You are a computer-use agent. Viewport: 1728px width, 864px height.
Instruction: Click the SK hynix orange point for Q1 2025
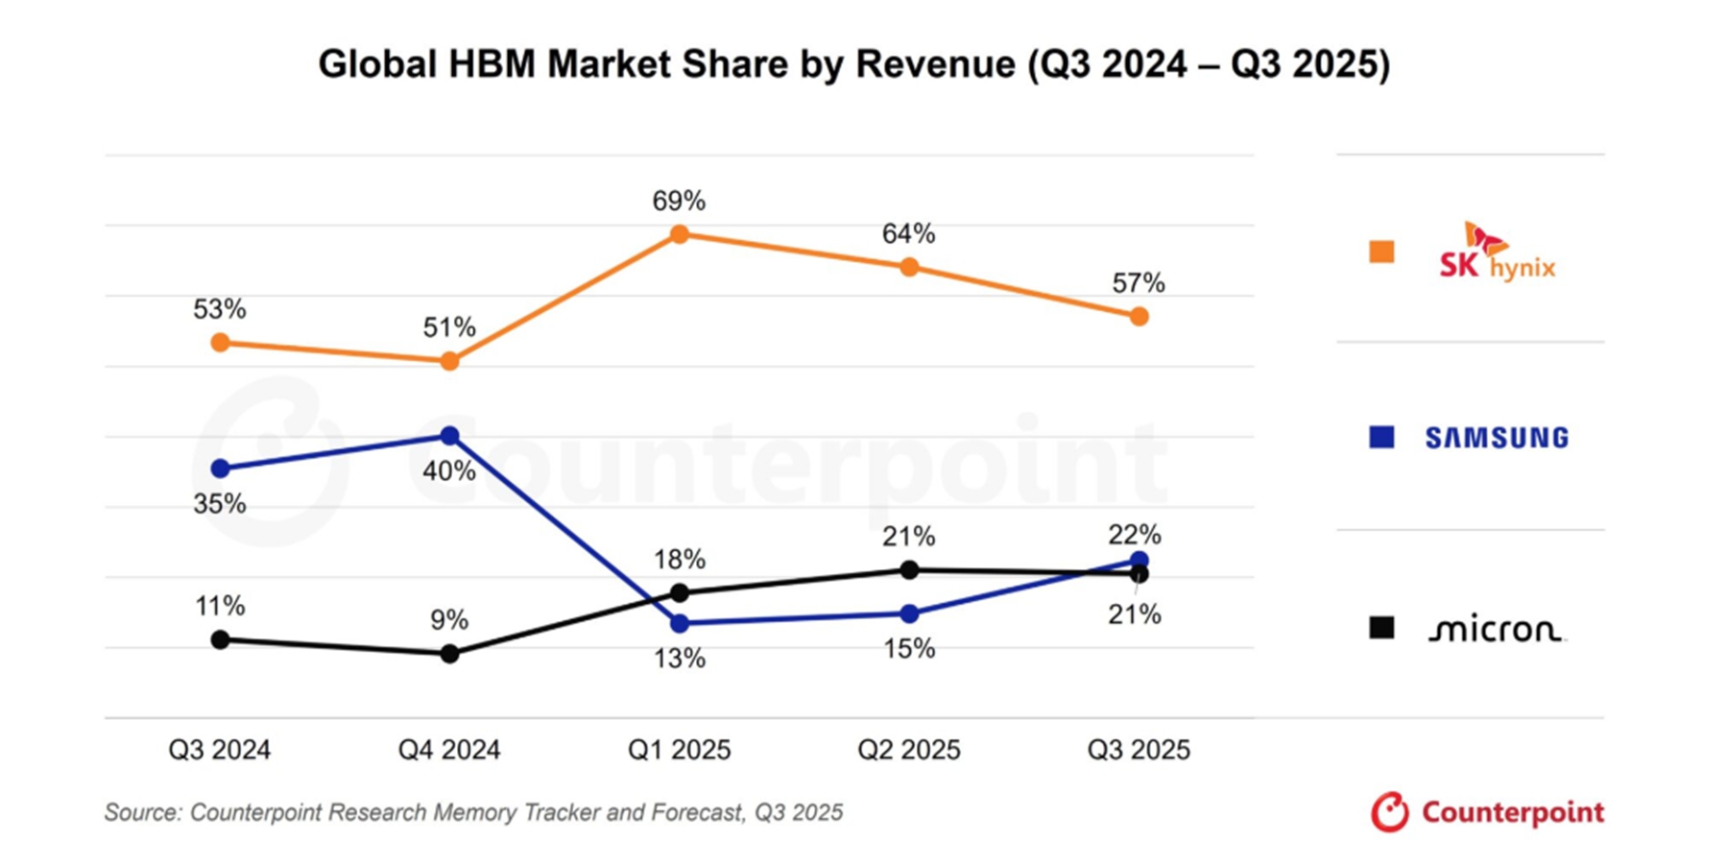point(679,234)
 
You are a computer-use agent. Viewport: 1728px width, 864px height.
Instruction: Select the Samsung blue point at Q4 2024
point(449,436)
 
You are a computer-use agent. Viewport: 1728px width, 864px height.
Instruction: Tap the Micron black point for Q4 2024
point(449,654)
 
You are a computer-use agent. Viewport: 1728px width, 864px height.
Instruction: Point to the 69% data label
point(679,202)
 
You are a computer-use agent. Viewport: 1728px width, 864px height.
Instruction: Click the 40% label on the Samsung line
point(449,471)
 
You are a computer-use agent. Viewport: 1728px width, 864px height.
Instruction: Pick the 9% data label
point(449,620)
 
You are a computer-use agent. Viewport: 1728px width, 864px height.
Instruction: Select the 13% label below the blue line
point(680,659)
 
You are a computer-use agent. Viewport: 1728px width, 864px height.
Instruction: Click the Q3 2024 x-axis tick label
point(220,750)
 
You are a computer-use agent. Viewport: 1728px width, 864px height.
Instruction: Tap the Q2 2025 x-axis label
point(909,750)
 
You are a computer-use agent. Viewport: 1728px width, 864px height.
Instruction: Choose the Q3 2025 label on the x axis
point(1139,750)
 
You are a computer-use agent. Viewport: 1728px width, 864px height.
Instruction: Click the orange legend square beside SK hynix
point(1381,252)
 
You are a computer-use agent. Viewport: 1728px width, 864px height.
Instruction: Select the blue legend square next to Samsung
point(1381,438)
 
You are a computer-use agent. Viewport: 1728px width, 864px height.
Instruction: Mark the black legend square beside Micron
point(1381,628)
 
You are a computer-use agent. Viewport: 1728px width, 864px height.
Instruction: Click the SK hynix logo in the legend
point(1497,254)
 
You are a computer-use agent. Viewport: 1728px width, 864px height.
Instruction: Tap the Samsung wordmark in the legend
point(1497,439)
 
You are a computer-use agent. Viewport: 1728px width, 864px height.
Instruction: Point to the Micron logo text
point(1496,630)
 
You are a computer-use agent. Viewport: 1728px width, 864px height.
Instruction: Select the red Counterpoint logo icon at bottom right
point(1389,812)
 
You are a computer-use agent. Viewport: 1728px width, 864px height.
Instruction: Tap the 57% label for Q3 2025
point(1139,283)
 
